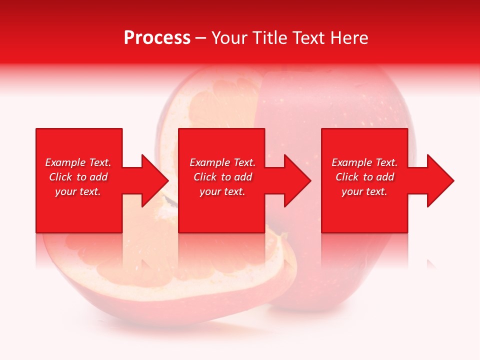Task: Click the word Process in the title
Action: [157, 38]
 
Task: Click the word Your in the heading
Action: [229, 38]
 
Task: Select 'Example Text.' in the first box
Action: [78, 162]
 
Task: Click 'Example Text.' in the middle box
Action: [222, 162]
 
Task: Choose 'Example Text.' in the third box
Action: [364, 162]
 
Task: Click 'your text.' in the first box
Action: [78, 191]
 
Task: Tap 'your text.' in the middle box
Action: [222, 191]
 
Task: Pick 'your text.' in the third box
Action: [364, 191]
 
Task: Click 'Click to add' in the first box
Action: [78, 177]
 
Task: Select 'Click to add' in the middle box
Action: [222, 177]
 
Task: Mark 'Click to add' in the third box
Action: [364, 177]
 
